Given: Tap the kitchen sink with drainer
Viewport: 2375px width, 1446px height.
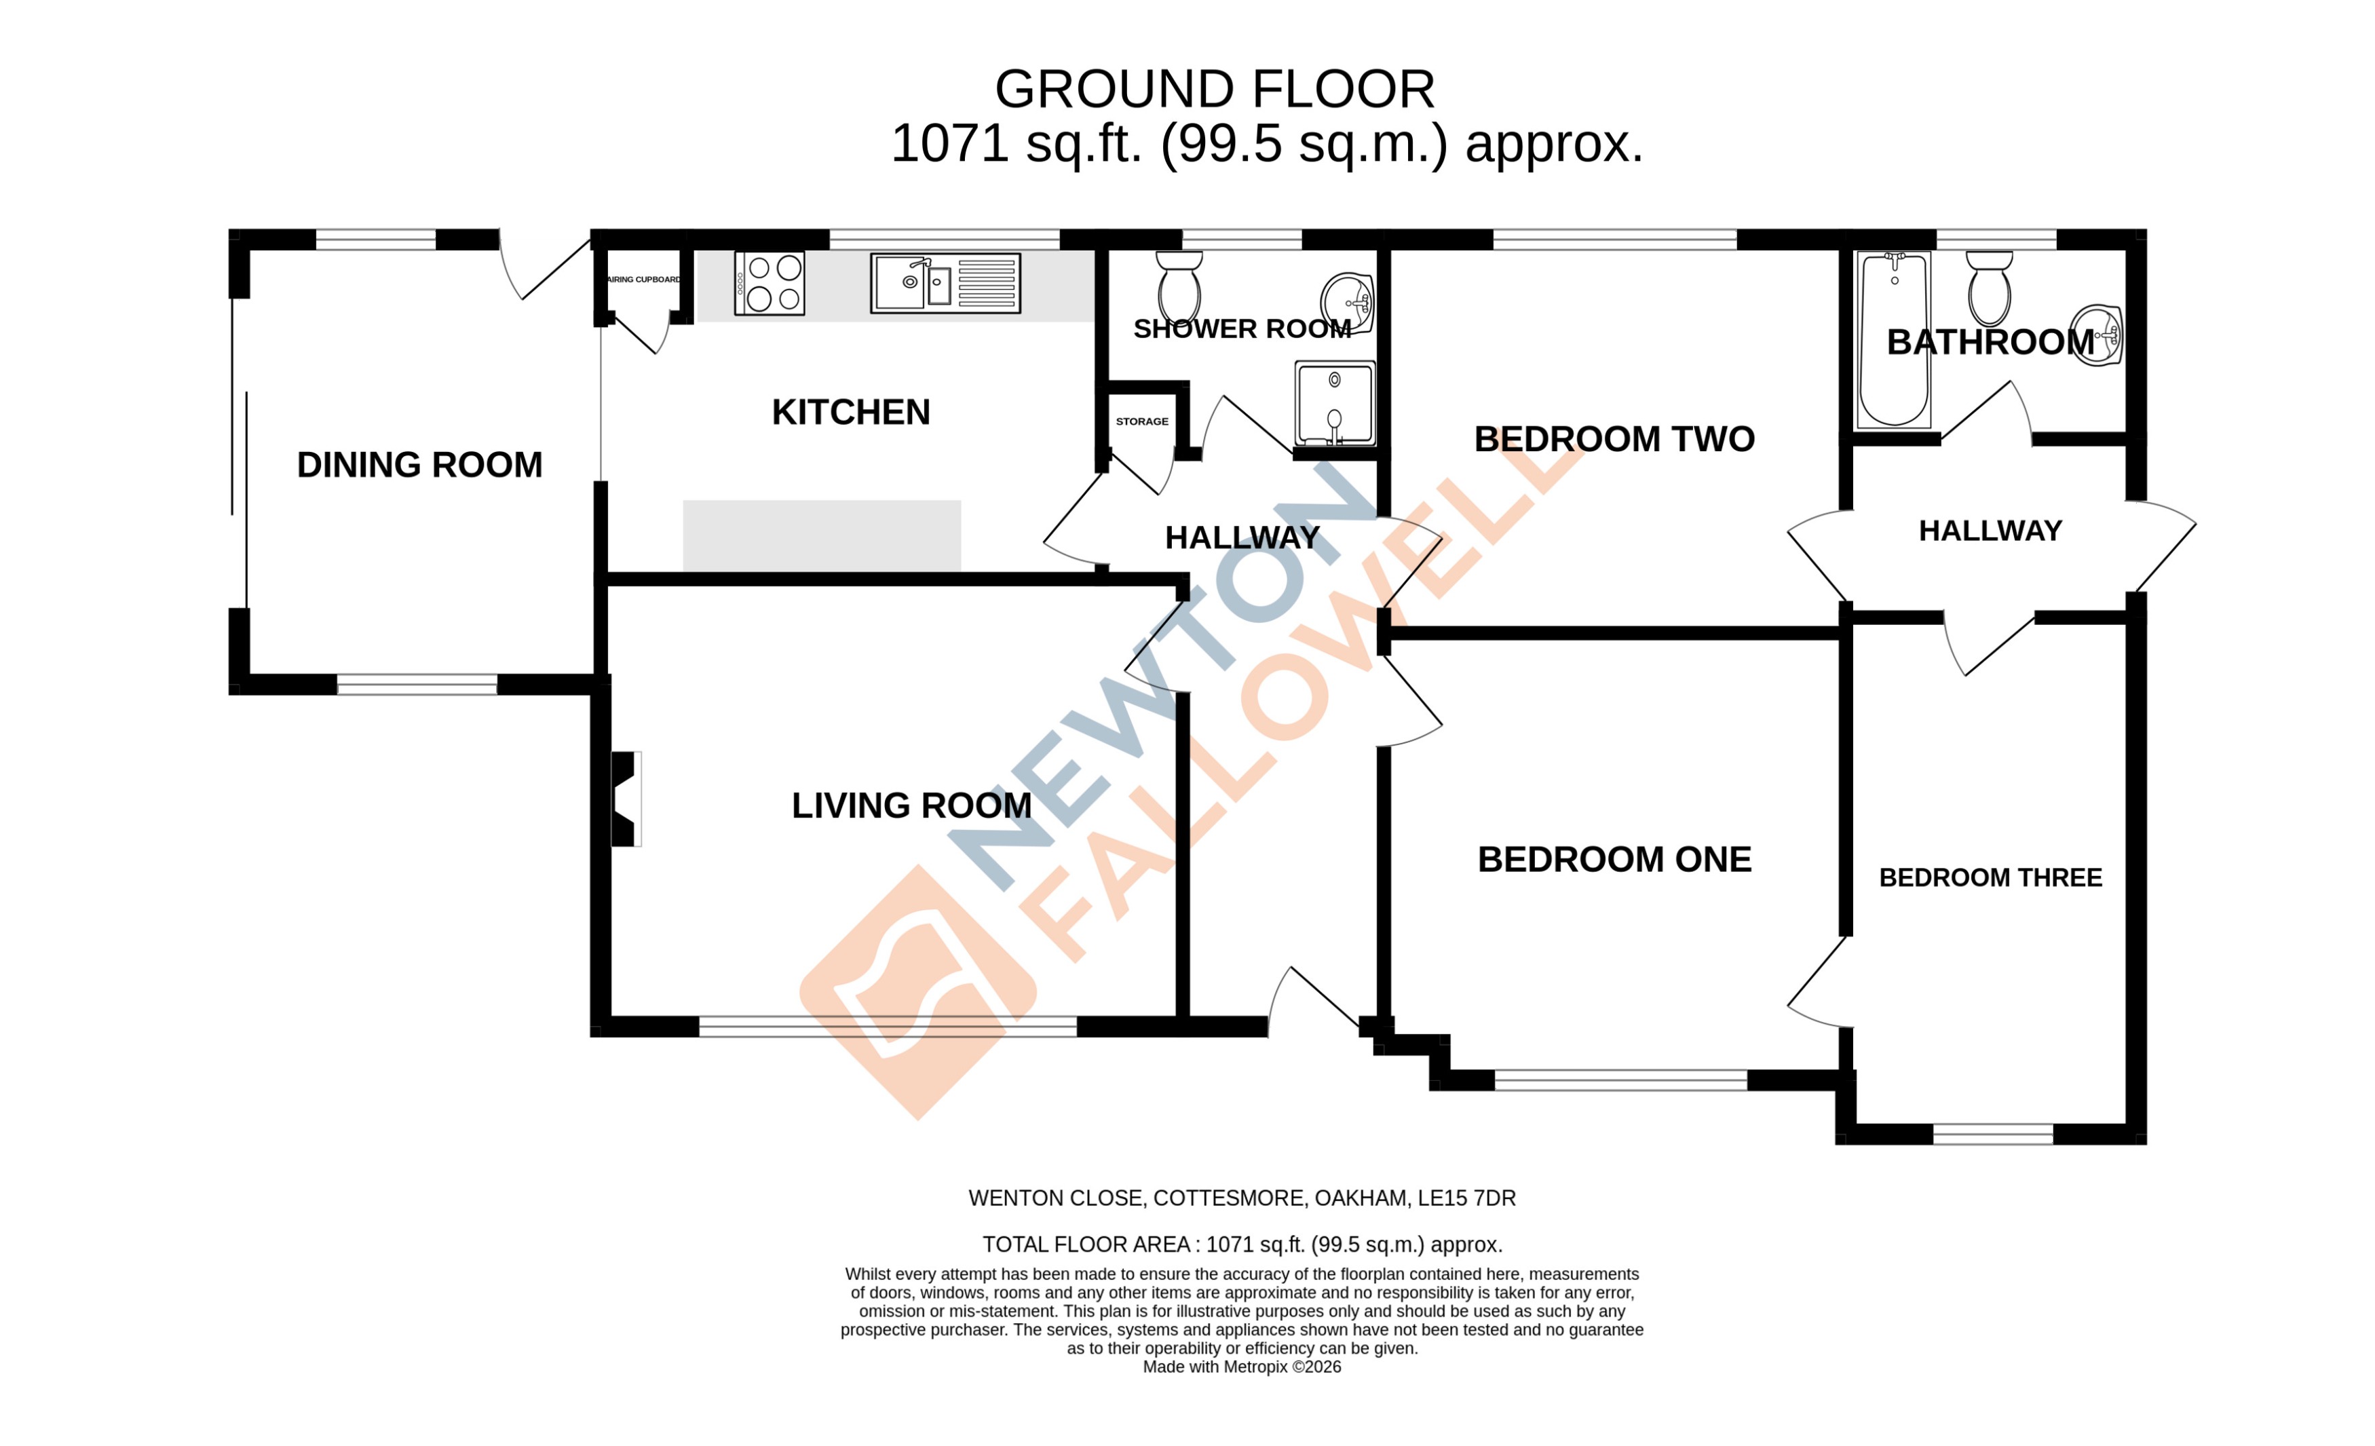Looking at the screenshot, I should (x=945, y=282).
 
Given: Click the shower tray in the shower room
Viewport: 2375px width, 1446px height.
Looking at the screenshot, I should (x=1334, y=403).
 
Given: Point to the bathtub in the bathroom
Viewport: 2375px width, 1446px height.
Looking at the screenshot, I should (x=1893, y=339).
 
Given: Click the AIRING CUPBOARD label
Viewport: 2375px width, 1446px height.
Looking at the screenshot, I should (x=643, y=280).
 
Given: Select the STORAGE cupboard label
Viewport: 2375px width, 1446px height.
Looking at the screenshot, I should (x=1141, y=421).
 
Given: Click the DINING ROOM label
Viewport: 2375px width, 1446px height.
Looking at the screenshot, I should (x=419, y=465).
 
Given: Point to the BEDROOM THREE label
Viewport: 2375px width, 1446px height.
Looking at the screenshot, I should (x=1990, y=877).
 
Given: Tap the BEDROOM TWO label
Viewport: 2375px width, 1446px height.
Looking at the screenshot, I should (x=1614, y=438).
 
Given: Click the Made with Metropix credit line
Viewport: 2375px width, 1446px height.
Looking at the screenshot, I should (x=1242, y=1367).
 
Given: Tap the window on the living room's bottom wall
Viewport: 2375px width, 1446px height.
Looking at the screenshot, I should (x=887, y=1027).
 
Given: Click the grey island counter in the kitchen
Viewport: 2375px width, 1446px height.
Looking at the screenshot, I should (x=821, y=535).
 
